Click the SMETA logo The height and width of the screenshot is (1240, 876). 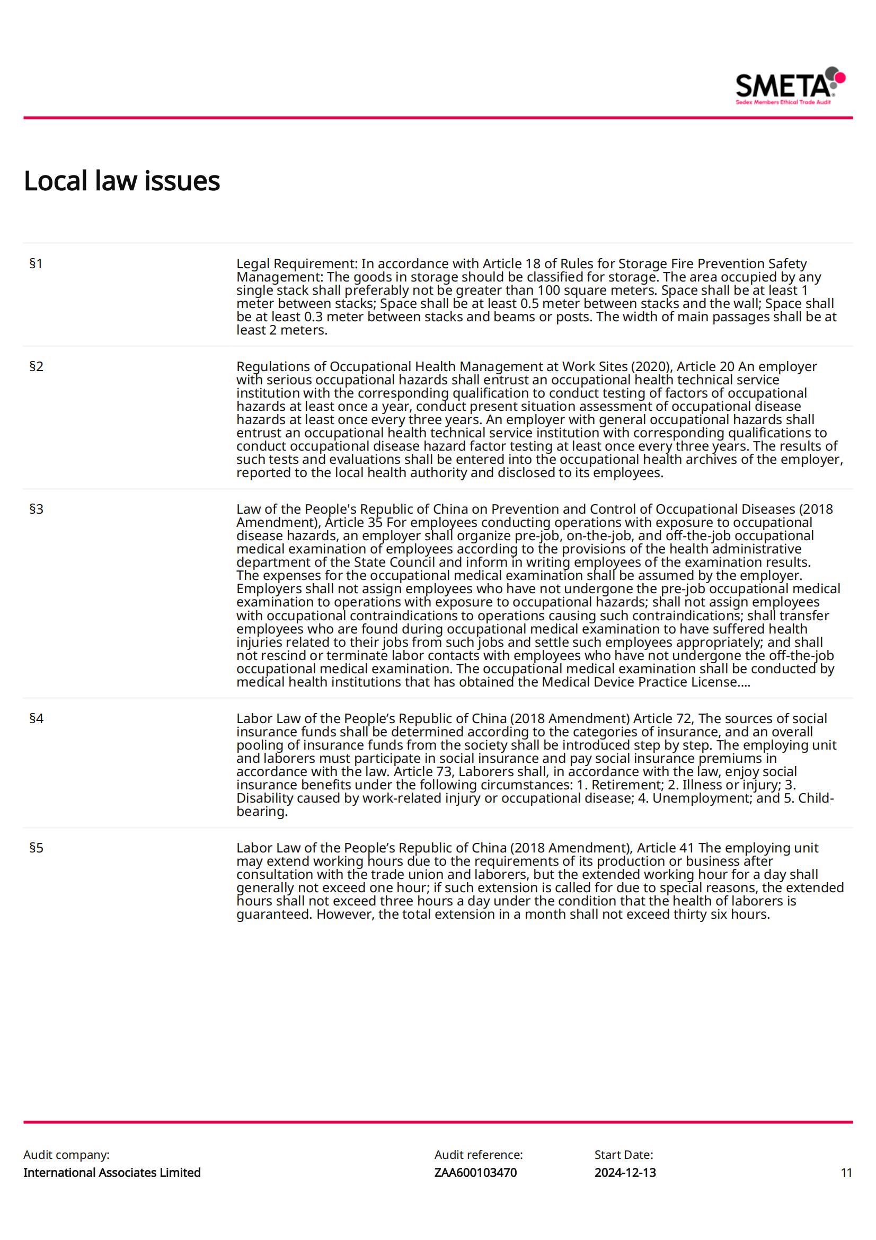[x=790, y=86]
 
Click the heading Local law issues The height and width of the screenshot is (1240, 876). [x=121, y=181]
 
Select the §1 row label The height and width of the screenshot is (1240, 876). [x=36, y=264]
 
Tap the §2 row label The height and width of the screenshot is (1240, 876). [x=36, y=367]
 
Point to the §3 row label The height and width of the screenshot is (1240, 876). [x=36, y=509]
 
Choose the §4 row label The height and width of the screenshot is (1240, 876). [x=36, y=719]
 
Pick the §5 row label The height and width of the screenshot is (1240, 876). [x=36, y=848]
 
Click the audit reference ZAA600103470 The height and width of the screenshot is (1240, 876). [x=475, y=1173]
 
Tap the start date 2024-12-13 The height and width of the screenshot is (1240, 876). [x=625, y=1173]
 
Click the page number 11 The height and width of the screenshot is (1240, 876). [x=846, y=1173]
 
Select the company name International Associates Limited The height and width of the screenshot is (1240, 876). [x=112, y=1173]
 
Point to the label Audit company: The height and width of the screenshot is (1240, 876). [x=66, y=1155]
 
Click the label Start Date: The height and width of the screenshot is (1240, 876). [x=623, y=1155]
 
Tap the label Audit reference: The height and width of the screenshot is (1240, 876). [x=478, y=1155]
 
